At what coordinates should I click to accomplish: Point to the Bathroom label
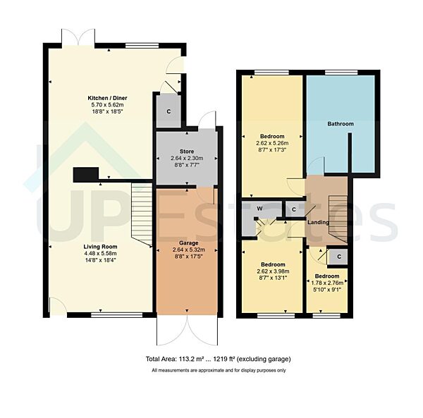pyautogui.click(x=341, y=124)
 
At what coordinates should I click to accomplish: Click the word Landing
pyautogui.click(x=319, y=223)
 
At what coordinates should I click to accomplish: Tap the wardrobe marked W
pyautogui.click(x=259, y=209)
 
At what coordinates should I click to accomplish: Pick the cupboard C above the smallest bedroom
pyautogui.click(x=338, y=257)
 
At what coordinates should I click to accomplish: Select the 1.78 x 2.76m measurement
pyautogui.click(x=327, y=283)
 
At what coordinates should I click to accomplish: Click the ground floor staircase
pyautogui.click(x=142, y=211)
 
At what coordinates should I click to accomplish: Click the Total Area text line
pyautogui.click(x=218, y=359)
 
